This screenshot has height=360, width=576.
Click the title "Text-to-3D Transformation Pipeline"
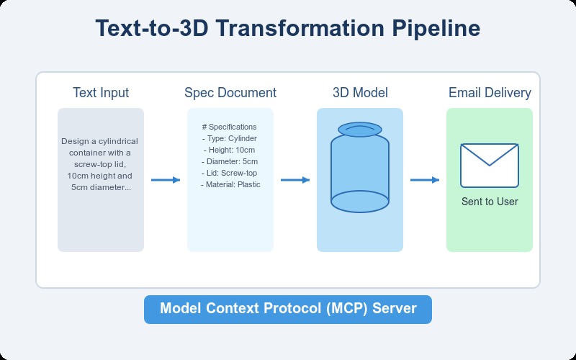click(288, 30)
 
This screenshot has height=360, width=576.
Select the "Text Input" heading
click(101, 93)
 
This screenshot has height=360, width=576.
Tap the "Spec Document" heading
click(230, 93)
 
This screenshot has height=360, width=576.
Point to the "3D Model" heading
click(360, 93)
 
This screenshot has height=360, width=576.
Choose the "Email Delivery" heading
click(490, 93)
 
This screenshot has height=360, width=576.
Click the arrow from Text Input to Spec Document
click(166, 180)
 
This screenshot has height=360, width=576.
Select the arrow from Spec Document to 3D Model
click(295, 180)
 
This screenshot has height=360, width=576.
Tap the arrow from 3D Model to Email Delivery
click(425, 180)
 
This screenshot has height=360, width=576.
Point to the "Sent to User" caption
click(490, 202)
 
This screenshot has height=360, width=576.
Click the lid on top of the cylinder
click(360, 129)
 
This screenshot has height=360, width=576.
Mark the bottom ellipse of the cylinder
click(360, 201)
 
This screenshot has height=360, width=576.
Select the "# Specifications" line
click(230, 127)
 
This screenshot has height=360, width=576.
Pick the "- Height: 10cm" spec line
click(230, 150)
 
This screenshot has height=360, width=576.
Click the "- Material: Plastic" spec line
click(230, 184)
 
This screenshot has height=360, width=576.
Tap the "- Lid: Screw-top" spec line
click(230, 173)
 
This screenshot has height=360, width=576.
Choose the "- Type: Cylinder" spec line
click(230, 138)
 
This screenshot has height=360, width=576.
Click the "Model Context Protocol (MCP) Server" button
click(288, 309)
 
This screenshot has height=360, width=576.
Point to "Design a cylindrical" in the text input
click(101, 141)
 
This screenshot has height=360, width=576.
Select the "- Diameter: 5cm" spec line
click(230, 161)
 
